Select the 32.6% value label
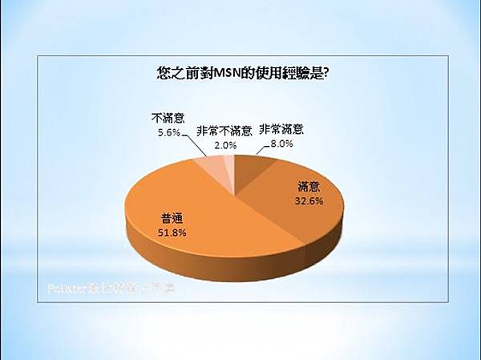point(308,201)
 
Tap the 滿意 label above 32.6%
point(309,188)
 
